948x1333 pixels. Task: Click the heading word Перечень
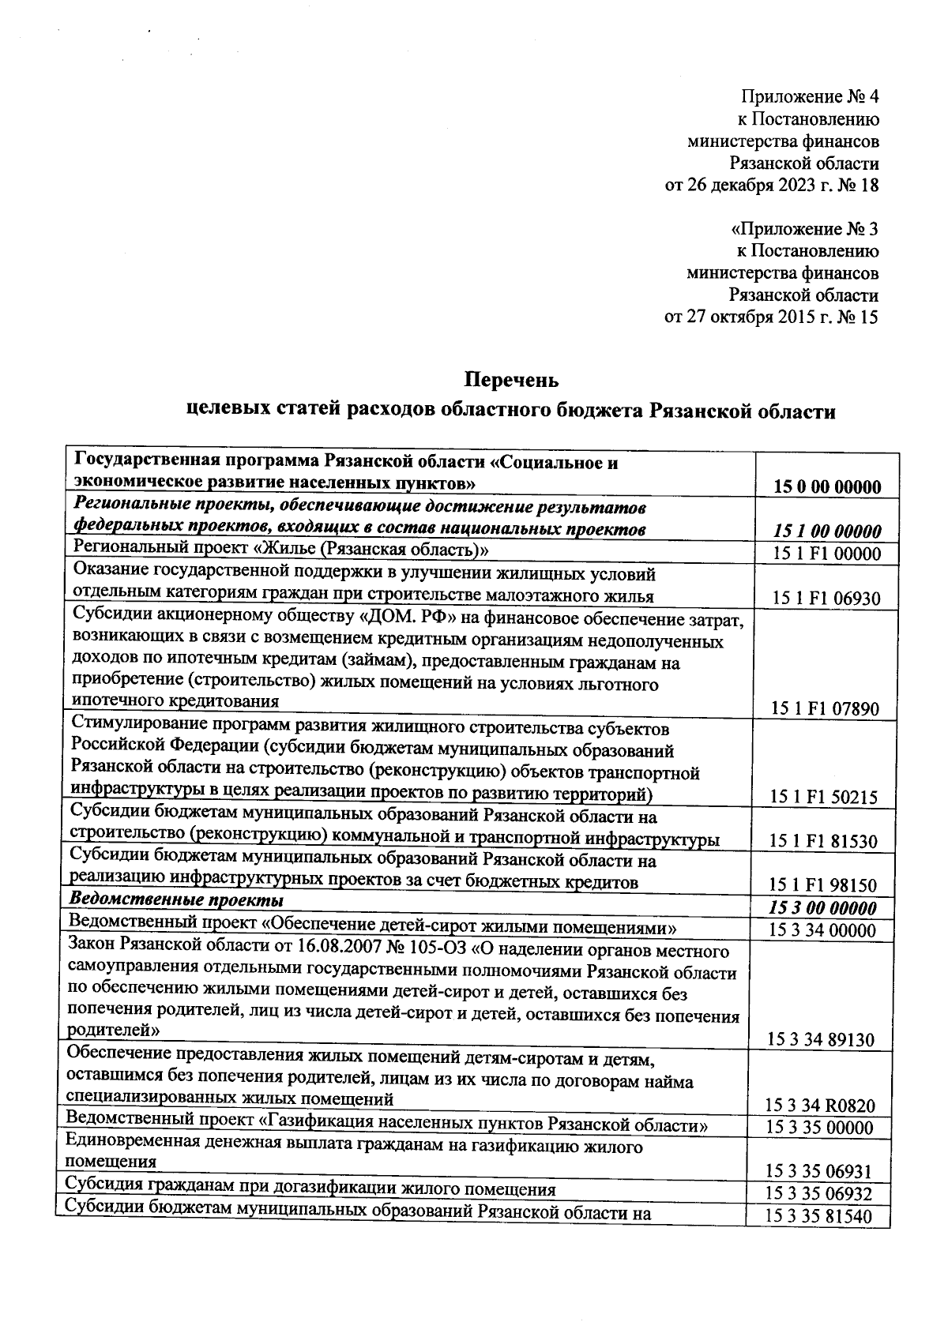click(x=511, y=380)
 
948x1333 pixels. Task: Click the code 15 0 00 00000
click(x=827, y=486)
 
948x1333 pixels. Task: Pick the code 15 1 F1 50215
click(x=824, y=798)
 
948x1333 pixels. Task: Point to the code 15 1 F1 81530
click(x=823, y=842)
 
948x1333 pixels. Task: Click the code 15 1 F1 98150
click(x=823, y=886)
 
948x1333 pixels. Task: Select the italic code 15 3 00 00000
click(x=822, y=908)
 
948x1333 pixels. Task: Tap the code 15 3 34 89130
click(x=821, y=1040)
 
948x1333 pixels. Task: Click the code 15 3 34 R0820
click(x=821, y=1106)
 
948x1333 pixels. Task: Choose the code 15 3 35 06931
click(x=819, y=1172)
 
